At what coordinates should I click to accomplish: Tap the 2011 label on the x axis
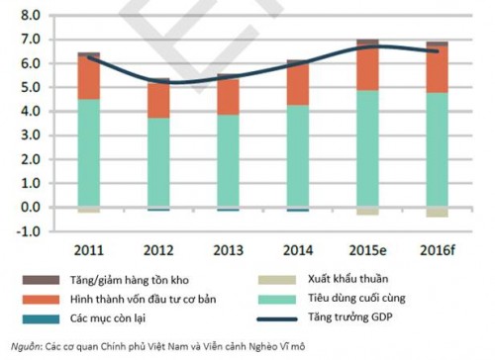(89, 248)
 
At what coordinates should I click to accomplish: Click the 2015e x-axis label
(367, 248)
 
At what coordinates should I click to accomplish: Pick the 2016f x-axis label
(437, 248)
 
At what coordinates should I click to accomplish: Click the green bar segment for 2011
(89, 153)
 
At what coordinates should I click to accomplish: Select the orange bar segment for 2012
(158, 100)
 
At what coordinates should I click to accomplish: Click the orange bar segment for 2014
(298, 86)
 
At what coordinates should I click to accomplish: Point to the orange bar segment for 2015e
(367, 68)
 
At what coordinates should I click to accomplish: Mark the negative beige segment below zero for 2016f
(437, 213)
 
